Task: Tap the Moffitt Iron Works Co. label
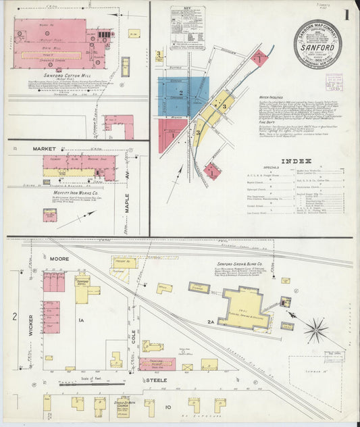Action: tap(70, 191)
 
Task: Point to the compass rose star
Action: tap(315, 330)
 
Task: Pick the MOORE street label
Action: tap(59, 259)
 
